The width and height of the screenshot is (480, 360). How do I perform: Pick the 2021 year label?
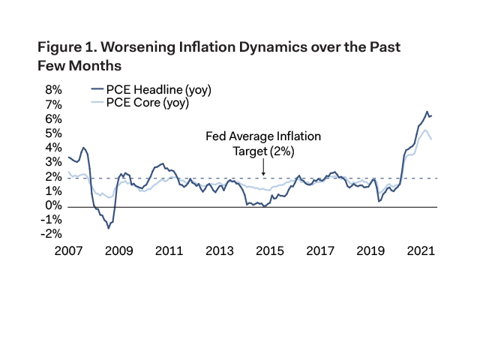(420, 250)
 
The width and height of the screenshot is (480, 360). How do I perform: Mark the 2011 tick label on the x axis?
(166, 250)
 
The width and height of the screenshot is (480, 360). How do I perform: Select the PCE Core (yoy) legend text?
(147, 103)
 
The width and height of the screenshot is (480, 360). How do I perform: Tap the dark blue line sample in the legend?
(97, 90)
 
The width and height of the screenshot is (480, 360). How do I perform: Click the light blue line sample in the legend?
(97, 103)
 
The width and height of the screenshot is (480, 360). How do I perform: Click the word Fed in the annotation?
(215, 137)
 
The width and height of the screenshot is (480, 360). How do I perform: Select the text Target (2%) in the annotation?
(263, 151)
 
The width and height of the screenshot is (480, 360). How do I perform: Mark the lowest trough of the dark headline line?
(109, 228)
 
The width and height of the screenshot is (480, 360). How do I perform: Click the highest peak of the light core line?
(425, 130)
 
